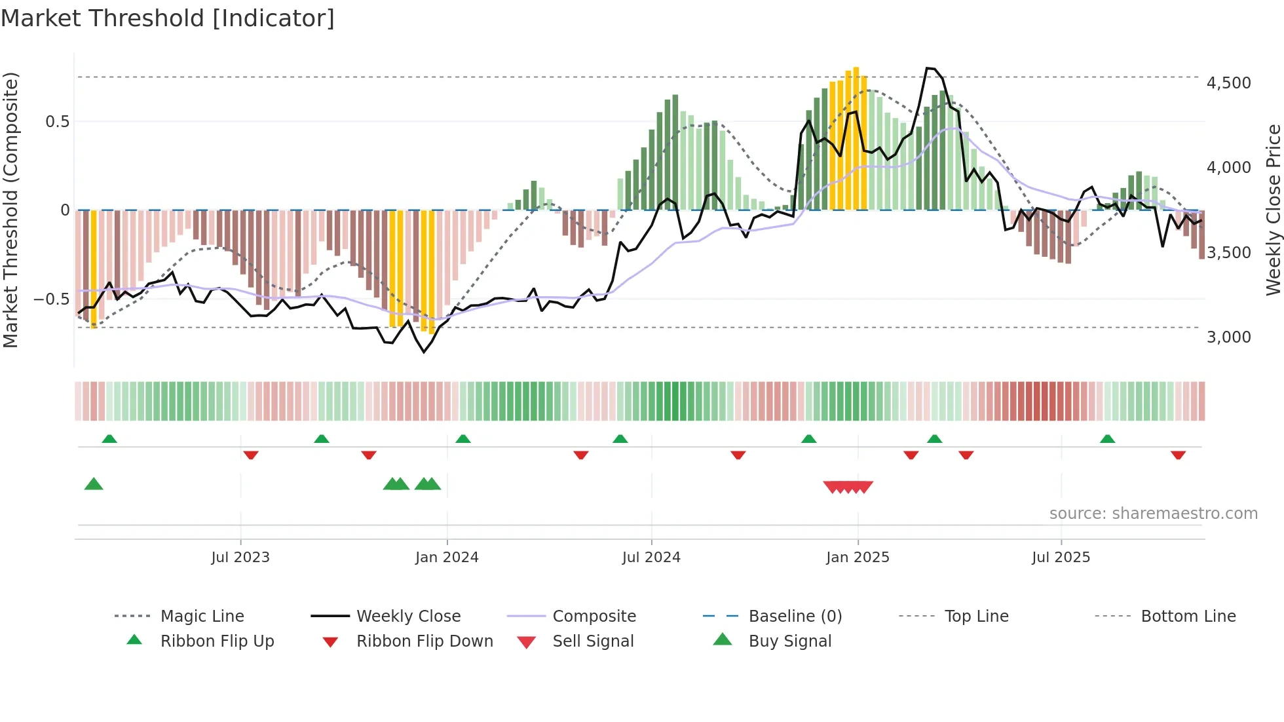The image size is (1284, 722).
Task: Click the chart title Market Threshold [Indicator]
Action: [x=168, y=18]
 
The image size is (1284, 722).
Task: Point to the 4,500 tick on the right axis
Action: [x=1228, y=83]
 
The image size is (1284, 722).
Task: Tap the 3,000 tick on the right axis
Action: [x=1228, y=337]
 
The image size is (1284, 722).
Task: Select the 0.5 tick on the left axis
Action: [x=57, y=122]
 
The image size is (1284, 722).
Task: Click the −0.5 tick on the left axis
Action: [x=51, y=299]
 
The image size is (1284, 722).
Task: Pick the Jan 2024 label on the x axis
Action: [x=447, y=558]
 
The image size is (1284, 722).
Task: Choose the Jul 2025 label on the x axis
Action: [x=1061, y=558]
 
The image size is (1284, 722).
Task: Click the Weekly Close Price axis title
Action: [x=1273, y=210]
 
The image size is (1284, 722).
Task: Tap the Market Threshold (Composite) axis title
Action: [x=10, y=210]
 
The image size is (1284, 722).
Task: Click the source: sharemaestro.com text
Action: [x=1153, y=514]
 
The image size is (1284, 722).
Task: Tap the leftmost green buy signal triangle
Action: [x=94, y=484]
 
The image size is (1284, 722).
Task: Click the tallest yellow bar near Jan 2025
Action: [x=856, y=138]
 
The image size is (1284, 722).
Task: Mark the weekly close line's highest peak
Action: [x=928, y=68]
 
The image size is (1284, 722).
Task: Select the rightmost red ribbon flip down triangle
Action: [x=1178, y=455]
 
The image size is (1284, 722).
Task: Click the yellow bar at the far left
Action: [x=94, y=269]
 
